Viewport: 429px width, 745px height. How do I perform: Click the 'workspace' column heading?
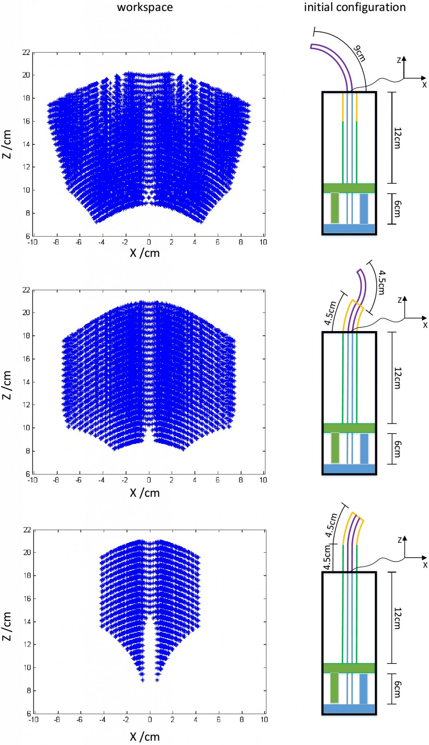[145, 7]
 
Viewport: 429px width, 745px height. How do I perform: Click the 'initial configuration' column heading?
[354, 7]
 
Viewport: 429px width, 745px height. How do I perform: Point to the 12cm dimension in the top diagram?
[397, 138]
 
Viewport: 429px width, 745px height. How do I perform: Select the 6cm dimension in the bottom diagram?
[397, 689]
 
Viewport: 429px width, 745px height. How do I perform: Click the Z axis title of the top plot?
[7, 144]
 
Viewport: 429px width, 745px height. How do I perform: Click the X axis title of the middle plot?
[145, 493]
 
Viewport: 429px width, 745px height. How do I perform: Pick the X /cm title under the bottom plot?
[145, 737]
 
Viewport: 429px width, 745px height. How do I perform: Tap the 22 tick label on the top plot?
[26, 52]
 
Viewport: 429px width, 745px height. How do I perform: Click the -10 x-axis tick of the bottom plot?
[33, 719]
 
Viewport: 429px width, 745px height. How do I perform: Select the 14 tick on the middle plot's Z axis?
[26, 382]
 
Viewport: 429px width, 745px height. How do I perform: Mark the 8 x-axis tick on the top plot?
[241, 242]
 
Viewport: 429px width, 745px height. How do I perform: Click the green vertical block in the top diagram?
[335, 208]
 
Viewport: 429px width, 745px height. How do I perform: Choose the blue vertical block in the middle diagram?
[364, 449]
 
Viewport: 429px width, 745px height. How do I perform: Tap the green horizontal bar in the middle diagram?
[349, 428]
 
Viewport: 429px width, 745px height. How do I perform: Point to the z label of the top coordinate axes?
[399, 60]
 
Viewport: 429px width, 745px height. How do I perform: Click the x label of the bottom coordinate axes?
[425, 565]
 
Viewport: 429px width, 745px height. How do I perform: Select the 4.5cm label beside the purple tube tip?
[381, 282]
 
